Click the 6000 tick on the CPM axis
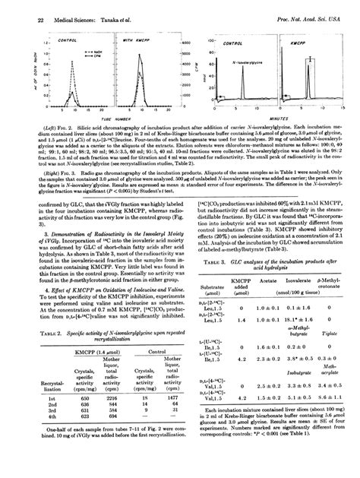click(185, 43)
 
